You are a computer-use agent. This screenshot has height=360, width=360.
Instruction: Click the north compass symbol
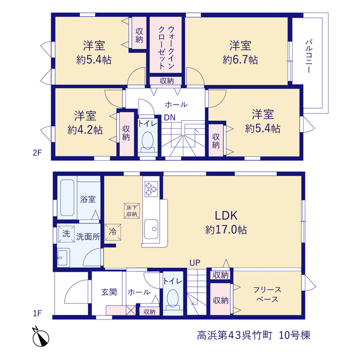tap(40, 337)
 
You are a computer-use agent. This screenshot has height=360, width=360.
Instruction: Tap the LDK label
tap(226, 216)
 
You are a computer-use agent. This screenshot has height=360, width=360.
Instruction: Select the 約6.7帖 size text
tap(240, 60)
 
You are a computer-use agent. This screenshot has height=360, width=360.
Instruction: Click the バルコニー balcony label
tap(309, 56)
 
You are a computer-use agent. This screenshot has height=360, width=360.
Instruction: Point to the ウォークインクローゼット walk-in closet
tap(166, 45)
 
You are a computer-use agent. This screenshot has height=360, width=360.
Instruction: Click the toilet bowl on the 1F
tap(173, 298)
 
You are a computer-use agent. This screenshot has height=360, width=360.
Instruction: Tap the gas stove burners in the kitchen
tap(151, 189)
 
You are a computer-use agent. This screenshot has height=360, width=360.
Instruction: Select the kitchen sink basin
tap(151, 229)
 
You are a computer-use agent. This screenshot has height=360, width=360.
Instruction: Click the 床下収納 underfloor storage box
tap(132, 211)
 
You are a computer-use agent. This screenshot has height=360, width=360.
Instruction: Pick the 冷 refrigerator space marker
tap(112, 232)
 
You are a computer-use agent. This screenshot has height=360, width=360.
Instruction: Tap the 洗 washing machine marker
tap(66, 234)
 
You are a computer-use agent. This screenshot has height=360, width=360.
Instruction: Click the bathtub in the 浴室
tap(67, 197)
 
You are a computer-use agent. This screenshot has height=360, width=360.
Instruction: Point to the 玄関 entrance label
tap(109, 292)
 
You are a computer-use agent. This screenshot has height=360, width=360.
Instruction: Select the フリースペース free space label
tap(267, 294)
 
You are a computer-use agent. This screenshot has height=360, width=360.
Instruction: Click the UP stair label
tap(195, 263)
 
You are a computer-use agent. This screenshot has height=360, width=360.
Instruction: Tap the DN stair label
tap(170, 118)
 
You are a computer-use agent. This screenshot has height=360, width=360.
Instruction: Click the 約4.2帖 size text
tap(85, 130)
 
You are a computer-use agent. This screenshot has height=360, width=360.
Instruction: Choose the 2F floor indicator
tap(37, 152)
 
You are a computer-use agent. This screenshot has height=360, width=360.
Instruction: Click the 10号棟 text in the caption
tap(295, 335)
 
